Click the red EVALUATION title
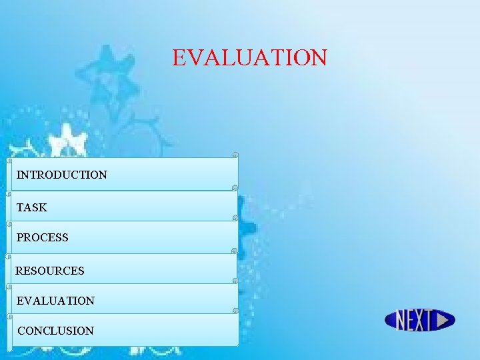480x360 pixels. [x=250, y=57]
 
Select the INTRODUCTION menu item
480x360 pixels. [x=62, y=175]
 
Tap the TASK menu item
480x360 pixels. [x=32, y=208]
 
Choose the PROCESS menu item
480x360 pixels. [x=43, y=238]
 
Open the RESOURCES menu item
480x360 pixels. [x=50, y=271]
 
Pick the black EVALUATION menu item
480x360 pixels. [x=55, y=301]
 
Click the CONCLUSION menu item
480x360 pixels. [x=56, y=331]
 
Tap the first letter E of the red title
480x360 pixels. [x=179, y=58]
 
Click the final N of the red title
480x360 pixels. [x=319, y=58]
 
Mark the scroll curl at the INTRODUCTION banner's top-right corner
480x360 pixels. [x=235, y=155]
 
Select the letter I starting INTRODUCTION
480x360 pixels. [x=19, y=175]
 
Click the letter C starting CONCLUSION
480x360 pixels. [x=21, y=331]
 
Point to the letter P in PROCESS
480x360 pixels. [x=20, y=238]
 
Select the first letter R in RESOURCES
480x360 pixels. [x=19, y=271]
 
